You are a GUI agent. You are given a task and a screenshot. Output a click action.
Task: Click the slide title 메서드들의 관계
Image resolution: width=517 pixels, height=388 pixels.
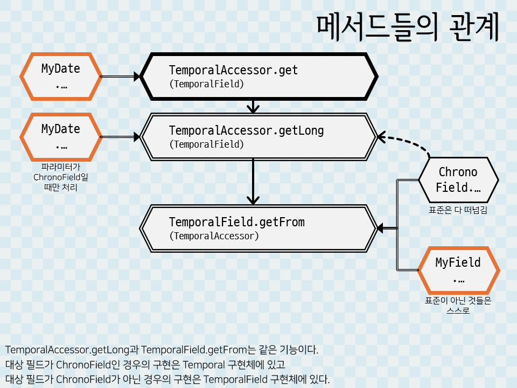[x=408, y=28]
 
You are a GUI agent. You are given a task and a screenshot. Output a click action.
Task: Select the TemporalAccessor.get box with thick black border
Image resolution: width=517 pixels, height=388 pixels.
[x=258, y=77]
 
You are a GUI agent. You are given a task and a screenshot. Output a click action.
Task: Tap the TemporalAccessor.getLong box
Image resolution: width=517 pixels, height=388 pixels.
[x=258, y=137]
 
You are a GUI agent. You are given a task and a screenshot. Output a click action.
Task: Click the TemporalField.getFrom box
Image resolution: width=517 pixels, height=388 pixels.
[x=258, y=228]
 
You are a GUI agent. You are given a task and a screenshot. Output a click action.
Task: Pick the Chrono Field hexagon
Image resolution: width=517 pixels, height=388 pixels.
[x=458, y=180]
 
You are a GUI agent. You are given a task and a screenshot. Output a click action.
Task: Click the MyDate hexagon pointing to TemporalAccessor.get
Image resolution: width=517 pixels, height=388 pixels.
[x=61, y=77]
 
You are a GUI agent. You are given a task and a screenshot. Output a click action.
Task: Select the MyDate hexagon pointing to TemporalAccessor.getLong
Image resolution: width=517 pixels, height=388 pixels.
[x=61, y=137]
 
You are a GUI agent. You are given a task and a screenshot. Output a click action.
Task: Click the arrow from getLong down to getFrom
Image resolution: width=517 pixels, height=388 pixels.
[x=253, y=181]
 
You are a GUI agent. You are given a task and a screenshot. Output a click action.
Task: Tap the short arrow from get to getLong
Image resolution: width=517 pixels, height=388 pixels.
[x=253, y=106]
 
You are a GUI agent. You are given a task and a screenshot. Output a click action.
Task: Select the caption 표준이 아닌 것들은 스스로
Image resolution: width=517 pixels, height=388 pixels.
[x=458, y=306]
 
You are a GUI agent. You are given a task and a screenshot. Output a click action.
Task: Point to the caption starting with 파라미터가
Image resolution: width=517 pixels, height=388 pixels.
[x=61, y=177]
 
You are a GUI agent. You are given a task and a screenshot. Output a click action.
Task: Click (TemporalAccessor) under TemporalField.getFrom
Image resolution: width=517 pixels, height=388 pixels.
[x=214, y=236]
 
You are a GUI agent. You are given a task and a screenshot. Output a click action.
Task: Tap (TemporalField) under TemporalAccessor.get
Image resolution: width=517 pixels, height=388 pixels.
[x=206, y=84]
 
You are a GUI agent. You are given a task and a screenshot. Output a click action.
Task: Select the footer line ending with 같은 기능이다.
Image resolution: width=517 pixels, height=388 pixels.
[x=162, y=349]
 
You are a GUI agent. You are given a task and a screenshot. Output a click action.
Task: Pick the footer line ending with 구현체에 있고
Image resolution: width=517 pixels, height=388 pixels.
[x=145, y=364]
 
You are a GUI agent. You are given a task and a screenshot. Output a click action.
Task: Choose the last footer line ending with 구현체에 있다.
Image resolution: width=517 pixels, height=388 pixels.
[x=167, y=379]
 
